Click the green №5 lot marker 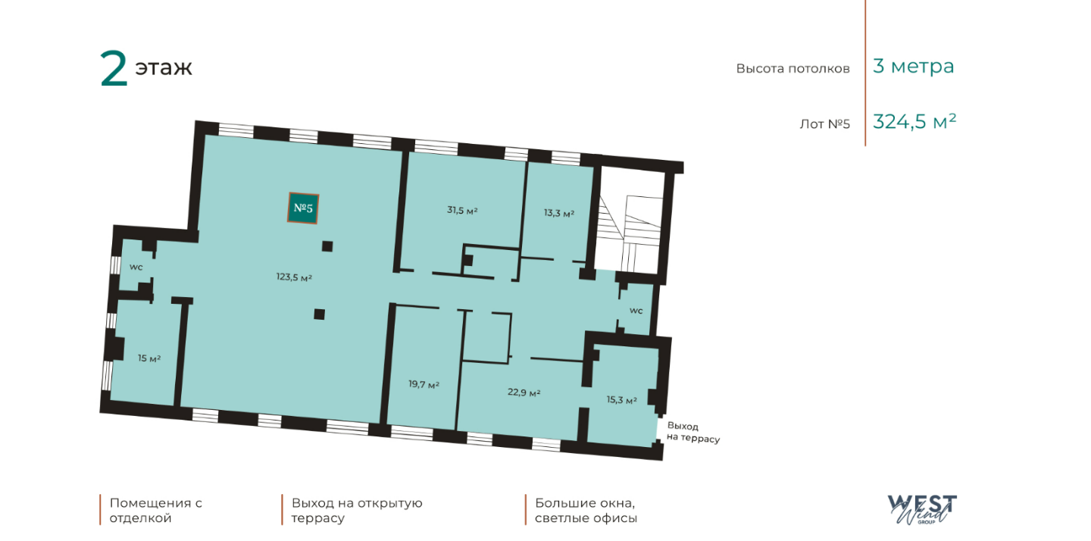[x=303, y=208]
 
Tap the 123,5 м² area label [x=294, y=277]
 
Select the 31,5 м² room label [x=462, y=211]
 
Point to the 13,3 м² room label [x=559, y=213]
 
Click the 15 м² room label [x=149, y=358]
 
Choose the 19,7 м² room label [x=424, y=384]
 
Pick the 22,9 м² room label [x=524, y=392]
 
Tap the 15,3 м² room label [x=622, y=400]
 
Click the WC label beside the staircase [x=636, y=311]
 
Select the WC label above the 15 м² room [x=136, y=267]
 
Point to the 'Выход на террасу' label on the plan [x=693, y=433]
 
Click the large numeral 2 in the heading [x=114, y=69]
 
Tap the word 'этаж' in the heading [x=164, y=67]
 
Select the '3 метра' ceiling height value [x=913, y=66]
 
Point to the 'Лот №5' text [x=824, y=124]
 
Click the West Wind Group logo [x=922, y=509]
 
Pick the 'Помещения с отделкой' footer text [x=156, y=511]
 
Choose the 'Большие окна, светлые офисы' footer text [x=586, y=511]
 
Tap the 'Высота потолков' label [x=793, y=69]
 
